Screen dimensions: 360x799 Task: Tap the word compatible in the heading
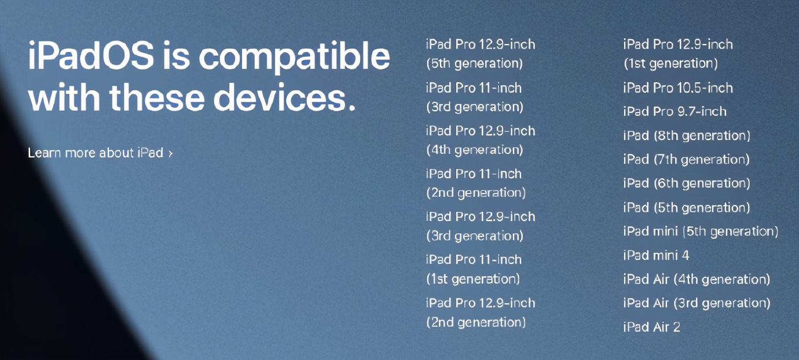point(294,57)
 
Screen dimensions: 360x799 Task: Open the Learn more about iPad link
point(96,153)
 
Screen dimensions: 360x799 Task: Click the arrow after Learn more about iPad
point(171,153)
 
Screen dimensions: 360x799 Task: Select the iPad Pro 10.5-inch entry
point(678,88)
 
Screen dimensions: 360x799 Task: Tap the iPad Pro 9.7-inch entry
point(675,112)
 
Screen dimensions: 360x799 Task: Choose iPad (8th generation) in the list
point(687,136)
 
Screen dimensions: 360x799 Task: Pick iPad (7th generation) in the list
point(686,160)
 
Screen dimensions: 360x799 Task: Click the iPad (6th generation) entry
point(687,183)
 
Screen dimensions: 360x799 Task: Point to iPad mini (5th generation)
point(701,232)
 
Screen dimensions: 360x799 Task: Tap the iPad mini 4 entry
point(656,255)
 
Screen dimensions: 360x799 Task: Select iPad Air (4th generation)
point(697,280)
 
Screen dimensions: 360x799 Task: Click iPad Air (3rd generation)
point(697,303)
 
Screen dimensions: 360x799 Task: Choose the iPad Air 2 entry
point(651,327)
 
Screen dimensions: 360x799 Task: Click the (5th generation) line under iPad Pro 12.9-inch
point(474,64)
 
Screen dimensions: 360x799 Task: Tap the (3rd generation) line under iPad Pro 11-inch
point(474,107)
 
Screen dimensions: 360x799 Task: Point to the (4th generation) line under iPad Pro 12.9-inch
point(474,150)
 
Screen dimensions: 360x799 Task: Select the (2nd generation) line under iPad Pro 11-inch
point(475,193)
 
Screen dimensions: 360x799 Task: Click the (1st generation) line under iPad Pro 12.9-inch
point(670,64)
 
